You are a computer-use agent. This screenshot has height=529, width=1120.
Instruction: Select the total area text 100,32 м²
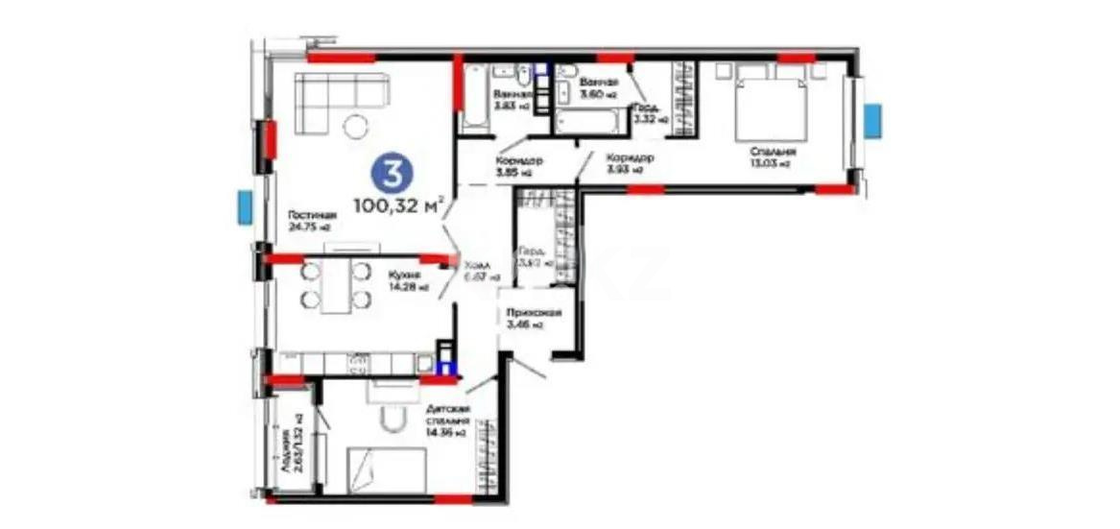point(398,204)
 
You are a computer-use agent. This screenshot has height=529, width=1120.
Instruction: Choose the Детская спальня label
point(446,421)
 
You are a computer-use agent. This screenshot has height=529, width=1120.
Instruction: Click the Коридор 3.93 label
point(631,163)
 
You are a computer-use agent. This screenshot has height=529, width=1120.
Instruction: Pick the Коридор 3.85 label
point(519,167)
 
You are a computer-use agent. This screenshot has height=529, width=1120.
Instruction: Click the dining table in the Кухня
point(335,284)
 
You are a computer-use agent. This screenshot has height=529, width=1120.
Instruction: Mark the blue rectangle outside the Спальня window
point(872,121)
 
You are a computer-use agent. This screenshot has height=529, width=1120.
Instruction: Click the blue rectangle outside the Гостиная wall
point(246,207)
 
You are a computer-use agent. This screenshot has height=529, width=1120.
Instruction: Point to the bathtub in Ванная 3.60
point(586,123)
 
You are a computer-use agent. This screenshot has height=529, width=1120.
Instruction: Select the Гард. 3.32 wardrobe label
point(646,113)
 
